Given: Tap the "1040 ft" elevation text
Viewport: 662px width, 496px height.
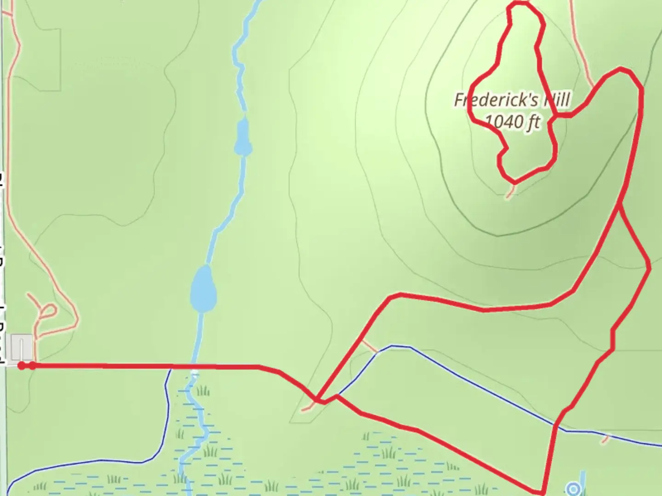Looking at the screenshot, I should [x=512, y=122].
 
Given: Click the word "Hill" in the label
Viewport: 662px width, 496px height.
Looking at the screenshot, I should [x=557, y=100].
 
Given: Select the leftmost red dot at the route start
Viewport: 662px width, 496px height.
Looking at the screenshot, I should [x=22, y=366].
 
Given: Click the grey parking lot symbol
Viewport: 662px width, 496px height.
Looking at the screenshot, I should [x=22, y=348].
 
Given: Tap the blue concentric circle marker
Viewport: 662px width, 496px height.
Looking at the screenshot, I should [x=573, y=489].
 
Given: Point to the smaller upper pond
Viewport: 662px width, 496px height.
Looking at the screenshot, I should [x=242, y=137].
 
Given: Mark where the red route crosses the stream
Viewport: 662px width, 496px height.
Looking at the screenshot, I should [x=195, y=366].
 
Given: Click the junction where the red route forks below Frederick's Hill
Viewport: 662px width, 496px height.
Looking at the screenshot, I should [x=620, y=205].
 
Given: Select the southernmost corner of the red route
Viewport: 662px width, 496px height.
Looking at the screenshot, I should [x=542, y=492].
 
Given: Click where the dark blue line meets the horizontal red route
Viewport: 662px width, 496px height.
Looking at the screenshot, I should [x=171, y=366].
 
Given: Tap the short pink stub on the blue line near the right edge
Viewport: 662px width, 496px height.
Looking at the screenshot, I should [x=606, y=439].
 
